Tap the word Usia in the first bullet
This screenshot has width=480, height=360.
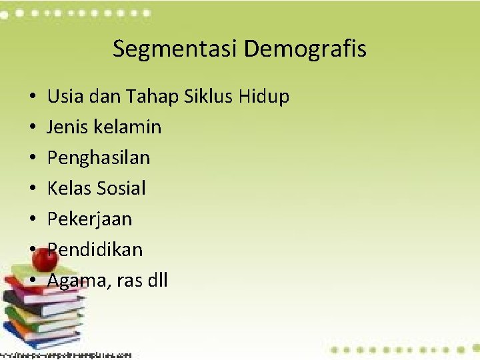pos(63,97)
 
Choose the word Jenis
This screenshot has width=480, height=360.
pos(67,127)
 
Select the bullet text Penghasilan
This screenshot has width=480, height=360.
pos(99,158)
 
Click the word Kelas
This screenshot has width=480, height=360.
pos(69,189)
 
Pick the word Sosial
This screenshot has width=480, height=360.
pos(121,189)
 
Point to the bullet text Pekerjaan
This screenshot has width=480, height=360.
pos(89,219)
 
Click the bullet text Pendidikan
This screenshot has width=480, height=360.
pos(95,250)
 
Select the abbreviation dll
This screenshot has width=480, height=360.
pos(157,281)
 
